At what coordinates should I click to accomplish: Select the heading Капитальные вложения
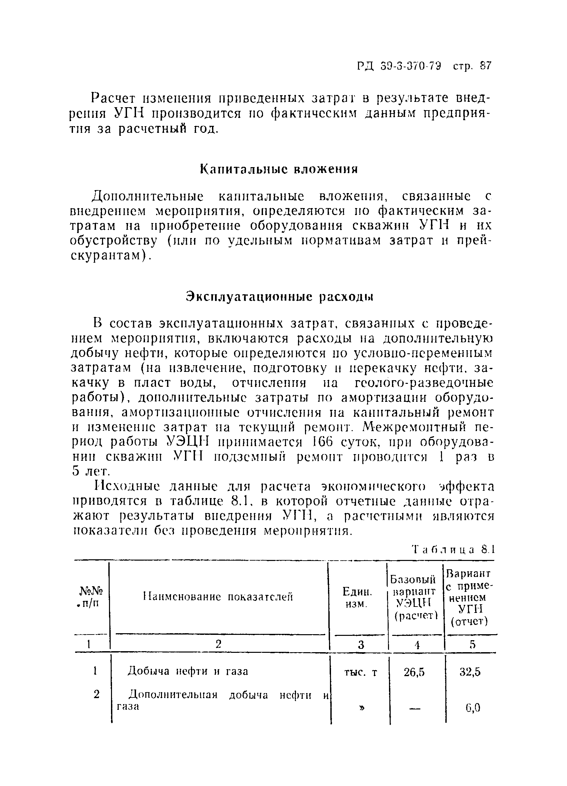tap(279, 169)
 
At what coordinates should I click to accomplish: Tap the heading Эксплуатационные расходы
tap(279, 297)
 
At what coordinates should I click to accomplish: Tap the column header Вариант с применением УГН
tap(469, 597)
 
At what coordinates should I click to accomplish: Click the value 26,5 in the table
tap(414, 672)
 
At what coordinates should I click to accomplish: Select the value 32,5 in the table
tap(470, 672)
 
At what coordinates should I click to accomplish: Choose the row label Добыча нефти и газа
tap(188, 671)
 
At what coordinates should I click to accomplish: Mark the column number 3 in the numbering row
tap(361, 644)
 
